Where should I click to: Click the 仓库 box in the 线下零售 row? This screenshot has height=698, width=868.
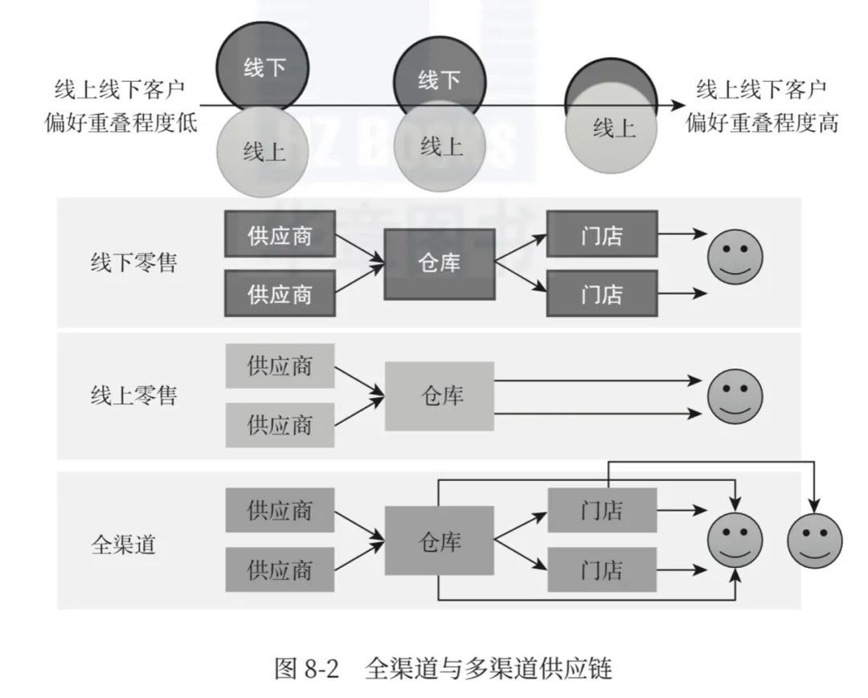[x=439, y=263]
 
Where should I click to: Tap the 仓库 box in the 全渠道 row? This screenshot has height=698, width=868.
[x=439, y=541]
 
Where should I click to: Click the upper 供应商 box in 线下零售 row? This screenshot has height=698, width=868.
[x=280, y=235]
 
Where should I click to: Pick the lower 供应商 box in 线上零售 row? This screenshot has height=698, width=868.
[x=280, y=423]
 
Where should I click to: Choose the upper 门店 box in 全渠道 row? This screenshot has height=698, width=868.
[x=602, y=510]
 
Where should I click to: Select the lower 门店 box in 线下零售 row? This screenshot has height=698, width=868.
[x=602, y=293]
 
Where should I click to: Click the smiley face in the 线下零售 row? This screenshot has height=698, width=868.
[x=735, y=257]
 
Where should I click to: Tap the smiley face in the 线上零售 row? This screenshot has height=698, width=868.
[x=735, y=396]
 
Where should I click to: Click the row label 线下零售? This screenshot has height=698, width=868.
[x=133, y=263]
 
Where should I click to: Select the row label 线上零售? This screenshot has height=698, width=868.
[x=133, y=395]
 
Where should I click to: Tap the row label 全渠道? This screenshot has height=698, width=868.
[x=123, y=545]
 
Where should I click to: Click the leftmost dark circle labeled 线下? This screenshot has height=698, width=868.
[x=264, y=67]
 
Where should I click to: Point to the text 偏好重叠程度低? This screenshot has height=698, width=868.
[x=121, y=123]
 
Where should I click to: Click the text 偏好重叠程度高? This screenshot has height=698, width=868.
[x=761, y=123]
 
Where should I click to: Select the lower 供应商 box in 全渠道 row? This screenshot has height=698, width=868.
[x=280, y=570]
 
